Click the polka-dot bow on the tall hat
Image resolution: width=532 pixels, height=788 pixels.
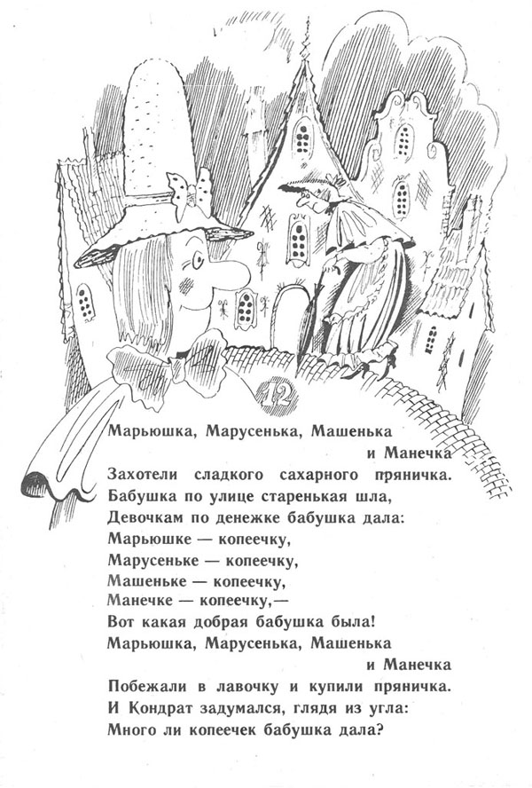[x=192, y=193]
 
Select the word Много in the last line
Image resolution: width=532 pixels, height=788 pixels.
[x=128, y=729]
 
